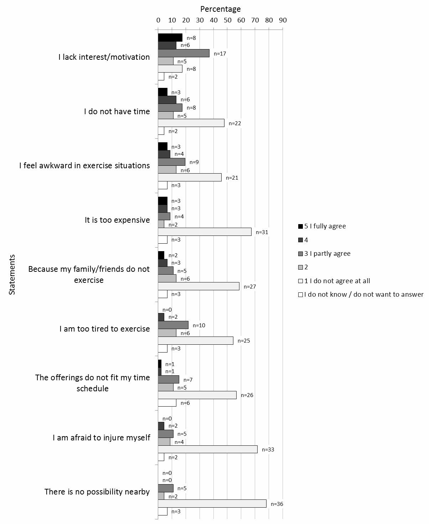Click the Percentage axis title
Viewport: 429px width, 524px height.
[x=220, y=9]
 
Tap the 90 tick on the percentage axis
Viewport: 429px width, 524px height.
[x=283, y=20]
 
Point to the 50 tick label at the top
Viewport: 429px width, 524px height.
[x=227, y=20]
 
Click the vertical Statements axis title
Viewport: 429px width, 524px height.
[x=12, y=274]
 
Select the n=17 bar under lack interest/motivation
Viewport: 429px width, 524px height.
[x=184, y=53]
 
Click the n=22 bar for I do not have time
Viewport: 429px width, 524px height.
[x=191, y=123]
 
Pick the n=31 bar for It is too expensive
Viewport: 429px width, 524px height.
[x=205, y=232]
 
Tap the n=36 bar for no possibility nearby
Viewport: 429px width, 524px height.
[x=212, y=504]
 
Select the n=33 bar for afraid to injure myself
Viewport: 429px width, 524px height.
[x=208, y=449]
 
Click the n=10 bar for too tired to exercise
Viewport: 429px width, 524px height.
[x=173, y=325]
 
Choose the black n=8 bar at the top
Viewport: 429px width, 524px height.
[x=170, y=38]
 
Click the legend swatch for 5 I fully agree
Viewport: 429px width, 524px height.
[x=300, y=226]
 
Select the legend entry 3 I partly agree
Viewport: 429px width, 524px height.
[x=327, y=254]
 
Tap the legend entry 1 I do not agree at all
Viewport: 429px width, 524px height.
[x=337, y=281]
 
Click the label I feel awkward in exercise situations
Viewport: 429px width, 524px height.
[x=84, y=165]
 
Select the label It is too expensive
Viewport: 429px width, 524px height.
[x=117, y=220]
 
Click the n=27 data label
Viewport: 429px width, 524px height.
[x=250, y=287]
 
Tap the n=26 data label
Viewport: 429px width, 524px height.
[x=247, y=395]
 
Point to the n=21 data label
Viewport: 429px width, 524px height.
[x=232, y=178]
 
